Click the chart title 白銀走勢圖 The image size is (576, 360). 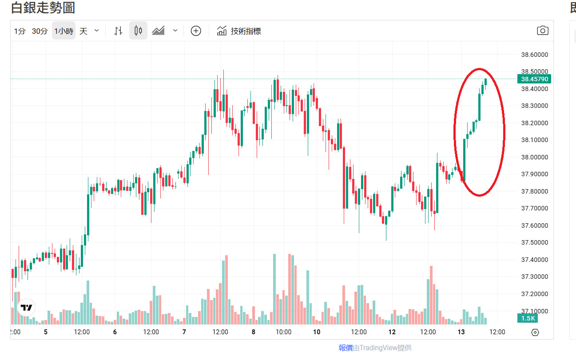pyautogui.click(x=43, y=8)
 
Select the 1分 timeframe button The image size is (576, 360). pyautogui.click(x=20, y=31)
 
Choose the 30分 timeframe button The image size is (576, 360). pyautogui.click(x=40, y=31)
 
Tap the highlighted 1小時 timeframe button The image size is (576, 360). pyautogui.click(x=64, y=31)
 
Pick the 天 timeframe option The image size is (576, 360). pyautogui.click(x=83, y=31)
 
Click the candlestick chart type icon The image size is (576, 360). pyautogui.click(x=138, y=31)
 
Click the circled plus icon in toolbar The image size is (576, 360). pyautogui.click(x=196, y=31)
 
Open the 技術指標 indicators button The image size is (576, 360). pyautogui.click(x=239, y=31)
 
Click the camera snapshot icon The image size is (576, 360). pyautogui.click(x=542, y=31)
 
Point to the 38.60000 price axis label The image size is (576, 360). pyautogui.click(x=534, y=55)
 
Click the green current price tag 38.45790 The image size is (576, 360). pyautogui.click(x=534, y=79)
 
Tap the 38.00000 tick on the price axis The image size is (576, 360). pyautogui.click(x=534, y=157)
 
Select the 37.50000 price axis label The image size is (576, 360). pyautogui.click(x=534, y=242)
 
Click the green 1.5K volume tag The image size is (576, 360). pyautogui.click(x=528, y=318)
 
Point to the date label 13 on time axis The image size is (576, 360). pyautogui.click(x=461, y=332)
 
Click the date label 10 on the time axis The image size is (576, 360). pyautogui.click(x=317, y=332)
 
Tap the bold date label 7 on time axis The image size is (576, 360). pyautogui.click(x=184, y=332)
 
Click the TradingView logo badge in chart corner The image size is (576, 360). pyautogui.click(x=26, y=307)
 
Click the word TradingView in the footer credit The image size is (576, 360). pyautogui.click(x=378, y=348)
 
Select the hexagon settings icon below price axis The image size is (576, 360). pyautogui.click(x=535, y=332)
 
